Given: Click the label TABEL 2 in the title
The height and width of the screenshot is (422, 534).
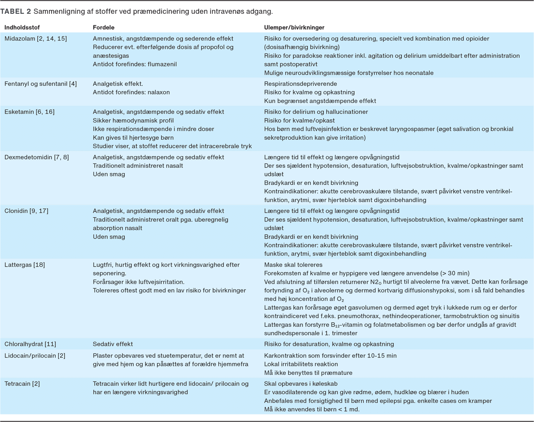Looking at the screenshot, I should pyautogui.click(x=16, y=10).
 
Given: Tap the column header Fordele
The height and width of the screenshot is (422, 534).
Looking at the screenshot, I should pyautogui.click(x=103, y=28).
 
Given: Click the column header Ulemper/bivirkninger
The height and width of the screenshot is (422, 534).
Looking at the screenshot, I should pyautogui.click(x=292, y=28).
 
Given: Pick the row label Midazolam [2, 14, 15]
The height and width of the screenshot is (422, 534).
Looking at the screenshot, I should pyautogui.click(x=36, y=39).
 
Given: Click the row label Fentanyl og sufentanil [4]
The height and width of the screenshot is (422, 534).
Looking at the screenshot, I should pyautogui.click(x=40, y=84).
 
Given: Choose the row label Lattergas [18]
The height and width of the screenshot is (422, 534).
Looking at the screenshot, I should pyautogui.click(x=24, y=265).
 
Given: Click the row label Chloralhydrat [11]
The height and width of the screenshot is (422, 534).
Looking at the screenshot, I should pyautogui.click(x=30, y=344).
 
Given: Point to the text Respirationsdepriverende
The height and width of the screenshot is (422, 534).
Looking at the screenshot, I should pyautogui.click(x=300, y=84).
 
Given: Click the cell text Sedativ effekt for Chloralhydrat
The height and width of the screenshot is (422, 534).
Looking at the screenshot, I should pyautogui.click(x=113, y=344).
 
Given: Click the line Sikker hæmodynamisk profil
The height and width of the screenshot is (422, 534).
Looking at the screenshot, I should pyautogui.click(x=133, y=120).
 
